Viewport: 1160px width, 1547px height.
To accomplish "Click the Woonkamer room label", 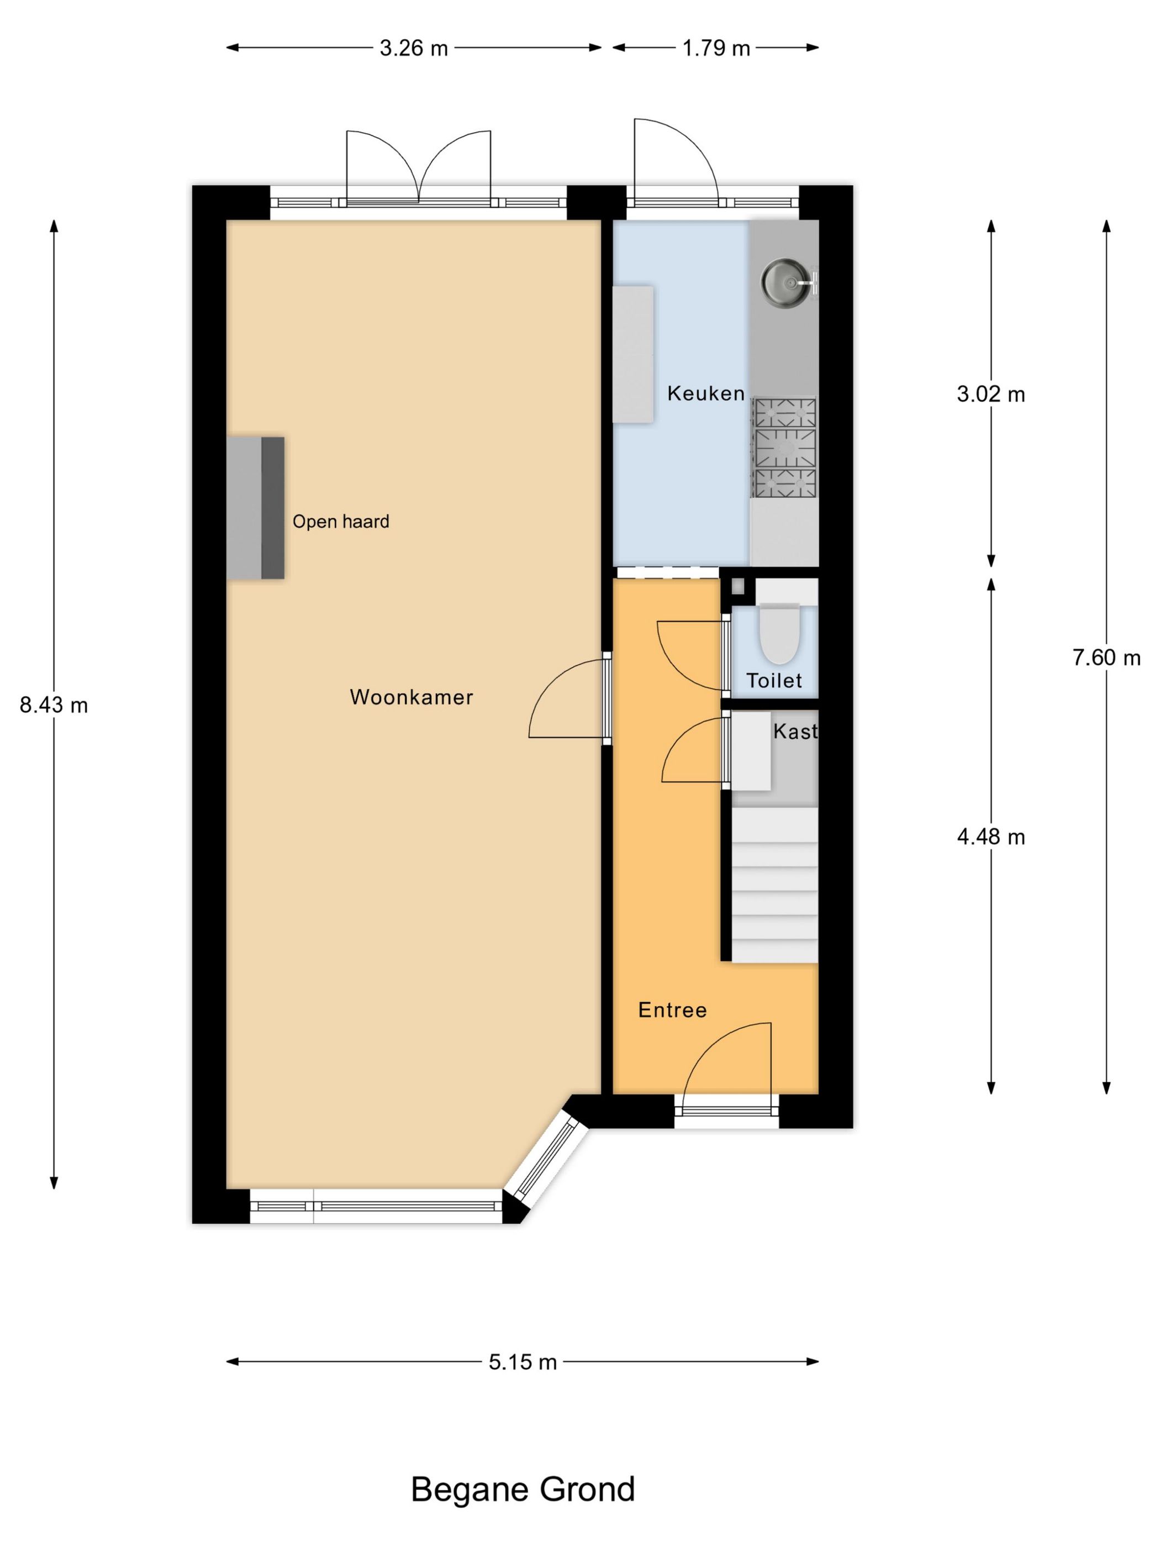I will coord(411,697).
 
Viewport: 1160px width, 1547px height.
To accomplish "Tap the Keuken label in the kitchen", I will coord(705,394).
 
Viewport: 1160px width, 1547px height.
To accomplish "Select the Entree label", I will coord(672,1010).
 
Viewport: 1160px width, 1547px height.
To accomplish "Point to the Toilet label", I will coord(774,681).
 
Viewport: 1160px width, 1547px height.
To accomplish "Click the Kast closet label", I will coord(795,732).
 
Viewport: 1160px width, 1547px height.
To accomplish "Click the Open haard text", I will coord(340,522).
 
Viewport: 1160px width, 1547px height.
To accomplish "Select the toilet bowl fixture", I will coord(779,635).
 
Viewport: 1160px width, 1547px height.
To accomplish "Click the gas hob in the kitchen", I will coord(784,448).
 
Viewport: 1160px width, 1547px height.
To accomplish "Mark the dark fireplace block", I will coord(273,508).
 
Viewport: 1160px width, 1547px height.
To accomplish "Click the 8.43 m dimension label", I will coord(54,705).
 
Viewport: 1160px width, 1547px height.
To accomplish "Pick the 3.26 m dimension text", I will coord(413,48).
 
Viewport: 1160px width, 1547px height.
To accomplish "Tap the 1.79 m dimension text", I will coord(716,48).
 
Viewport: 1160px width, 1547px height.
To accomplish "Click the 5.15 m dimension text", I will coord(523,1362).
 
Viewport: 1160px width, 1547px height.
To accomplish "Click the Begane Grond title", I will coord(523,1490).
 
